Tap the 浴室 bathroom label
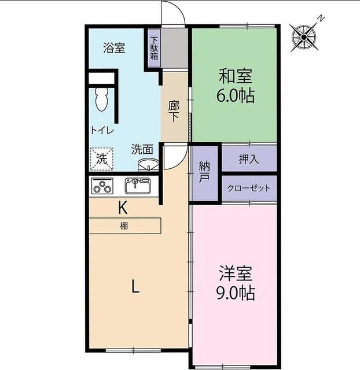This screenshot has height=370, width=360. pos(114,48)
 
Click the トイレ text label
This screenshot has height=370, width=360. pos(101,131)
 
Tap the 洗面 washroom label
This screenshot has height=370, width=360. pos(142,149)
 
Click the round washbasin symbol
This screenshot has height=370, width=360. pos(146,165)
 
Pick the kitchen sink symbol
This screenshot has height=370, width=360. pos(138,186)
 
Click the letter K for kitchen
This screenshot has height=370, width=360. pos(123,206)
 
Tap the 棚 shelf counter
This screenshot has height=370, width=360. pos(124,225)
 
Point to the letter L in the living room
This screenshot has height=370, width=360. pos(134,286)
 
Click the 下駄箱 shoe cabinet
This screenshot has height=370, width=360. pos(154,49)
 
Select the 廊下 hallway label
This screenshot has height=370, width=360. pos(174,111)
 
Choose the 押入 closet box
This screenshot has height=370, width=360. pos(249,158)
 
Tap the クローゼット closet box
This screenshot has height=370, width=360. pos(249,188)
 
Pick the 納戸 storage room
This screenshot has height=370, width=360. pos(204,172)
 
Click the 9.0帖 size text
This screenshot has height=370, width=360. pos(235,293)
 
